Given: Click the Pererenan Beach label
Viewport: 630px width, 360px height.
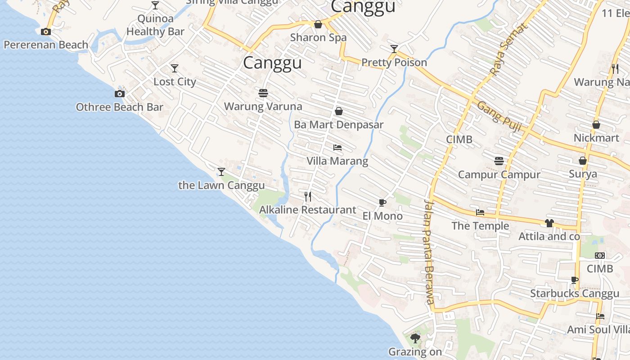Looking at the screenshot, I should click(46, 45).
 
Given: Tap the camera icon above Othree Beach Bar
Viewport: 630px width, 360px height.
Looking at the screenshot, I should click(119, 94).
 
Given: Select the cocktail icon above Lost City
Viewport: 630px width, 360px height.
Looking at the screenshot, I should click(175, 68).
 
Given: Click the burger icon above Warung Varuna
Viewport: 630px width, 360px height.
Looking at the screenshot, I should click(263, 93).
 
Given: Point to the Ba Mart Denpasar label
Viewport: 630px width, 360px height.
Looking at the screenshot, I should click(339, 125).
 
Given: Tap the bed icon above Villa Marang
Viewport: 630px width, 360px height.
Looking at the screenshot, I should click(337, 148).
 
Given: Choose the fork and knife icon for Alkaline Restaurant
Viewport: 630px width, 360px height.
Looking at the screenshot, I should click(308, 196).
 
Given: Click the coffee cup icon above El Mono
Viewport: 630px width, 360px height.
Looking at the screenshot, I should click(382, 203).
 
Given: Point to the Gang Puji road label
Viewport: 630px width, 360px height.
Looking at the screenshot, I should click(499, 116).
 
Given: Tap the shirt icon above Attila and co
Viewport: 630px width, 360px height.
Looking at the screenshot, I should click(549, 223).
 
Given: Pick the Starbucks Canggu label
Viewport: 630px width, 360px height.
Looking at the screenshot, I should click(575, 294).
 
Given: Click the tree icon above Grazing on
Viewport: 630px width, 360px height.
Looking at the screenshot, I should click(415, 338).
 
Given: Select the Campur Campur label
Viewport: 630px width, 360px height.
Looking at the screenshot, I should click(499, 174).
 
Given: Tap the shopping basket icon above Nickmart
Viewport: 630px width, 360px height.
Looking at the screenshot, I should click(596, 125).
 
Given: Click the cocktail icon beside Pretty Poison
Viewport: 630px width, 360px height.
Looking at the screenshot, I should click(394, 49).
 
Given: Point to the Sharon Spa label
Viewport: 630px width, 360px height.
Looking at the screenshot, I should click(318, 37).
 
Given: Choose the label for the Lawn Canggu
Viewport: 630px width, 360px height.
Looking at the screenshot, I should click(221, 185).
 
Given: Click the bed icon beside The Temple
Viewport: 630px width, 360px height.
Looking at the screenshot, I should click(480, 212).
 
